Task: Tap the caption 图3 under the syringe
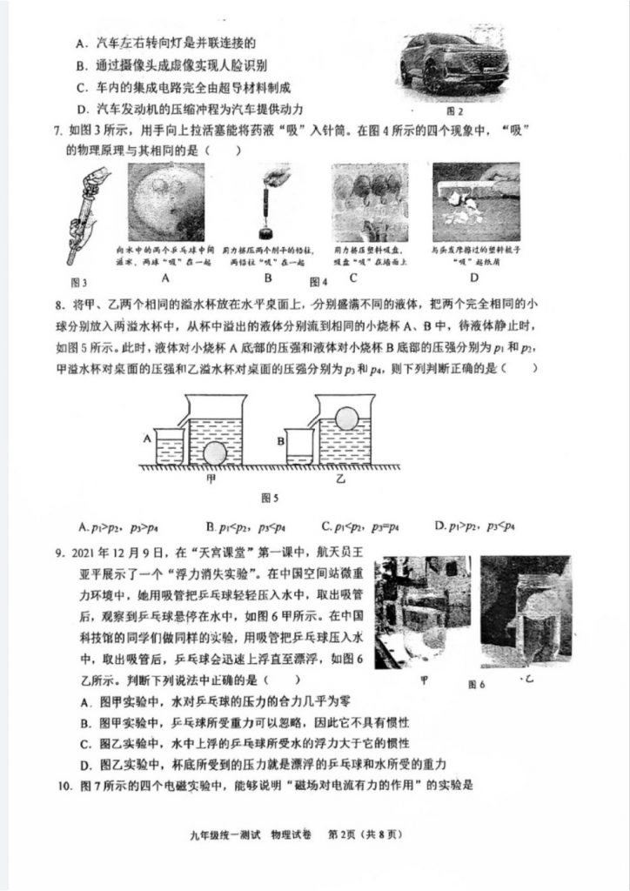(x=79, y=281)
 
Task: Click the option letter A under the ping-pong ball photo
(x=164, y=278)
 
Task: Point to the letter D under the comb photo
(x=474, y=278)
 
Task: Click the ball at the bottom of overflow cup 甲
(x=215, y=454)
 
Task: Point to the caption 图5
(x=270, y=499)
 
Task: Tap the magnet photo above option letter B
(x=269, y=202)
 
